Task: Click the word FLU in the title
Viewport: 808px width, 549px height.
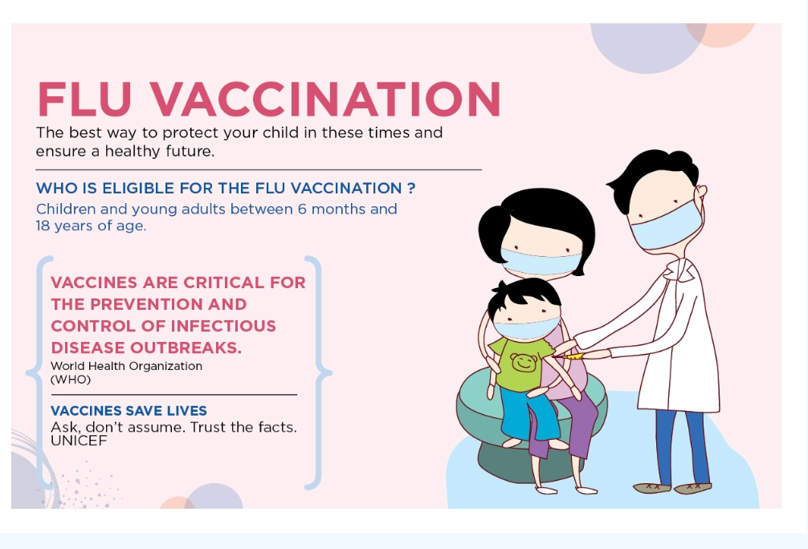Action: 84,99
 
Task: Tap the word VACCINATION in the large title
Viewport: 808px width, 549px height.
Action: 325,99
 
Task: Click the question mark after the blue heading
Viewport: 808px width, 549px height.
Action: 411,188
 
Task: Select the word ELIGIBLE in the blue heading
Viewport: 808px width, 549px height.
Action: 137,188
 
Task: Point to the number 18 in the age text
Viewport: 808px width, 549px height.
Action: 43,226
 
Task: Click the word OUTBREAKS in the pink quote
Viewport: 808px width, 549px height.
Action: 186,348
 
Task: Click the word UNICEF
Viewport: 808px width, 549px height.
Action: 79,441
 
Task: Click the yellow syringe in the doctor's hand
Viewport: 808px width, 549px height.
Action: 570,356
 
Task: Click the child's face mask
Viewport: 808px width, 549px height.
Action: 525,327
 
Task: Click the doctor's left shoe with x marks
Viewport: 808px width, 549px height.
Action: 652,487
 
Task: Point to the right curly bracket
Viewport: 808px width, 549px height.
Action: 318,372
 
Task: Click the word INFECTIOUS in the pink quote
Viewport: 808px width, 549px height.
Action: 223,327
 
